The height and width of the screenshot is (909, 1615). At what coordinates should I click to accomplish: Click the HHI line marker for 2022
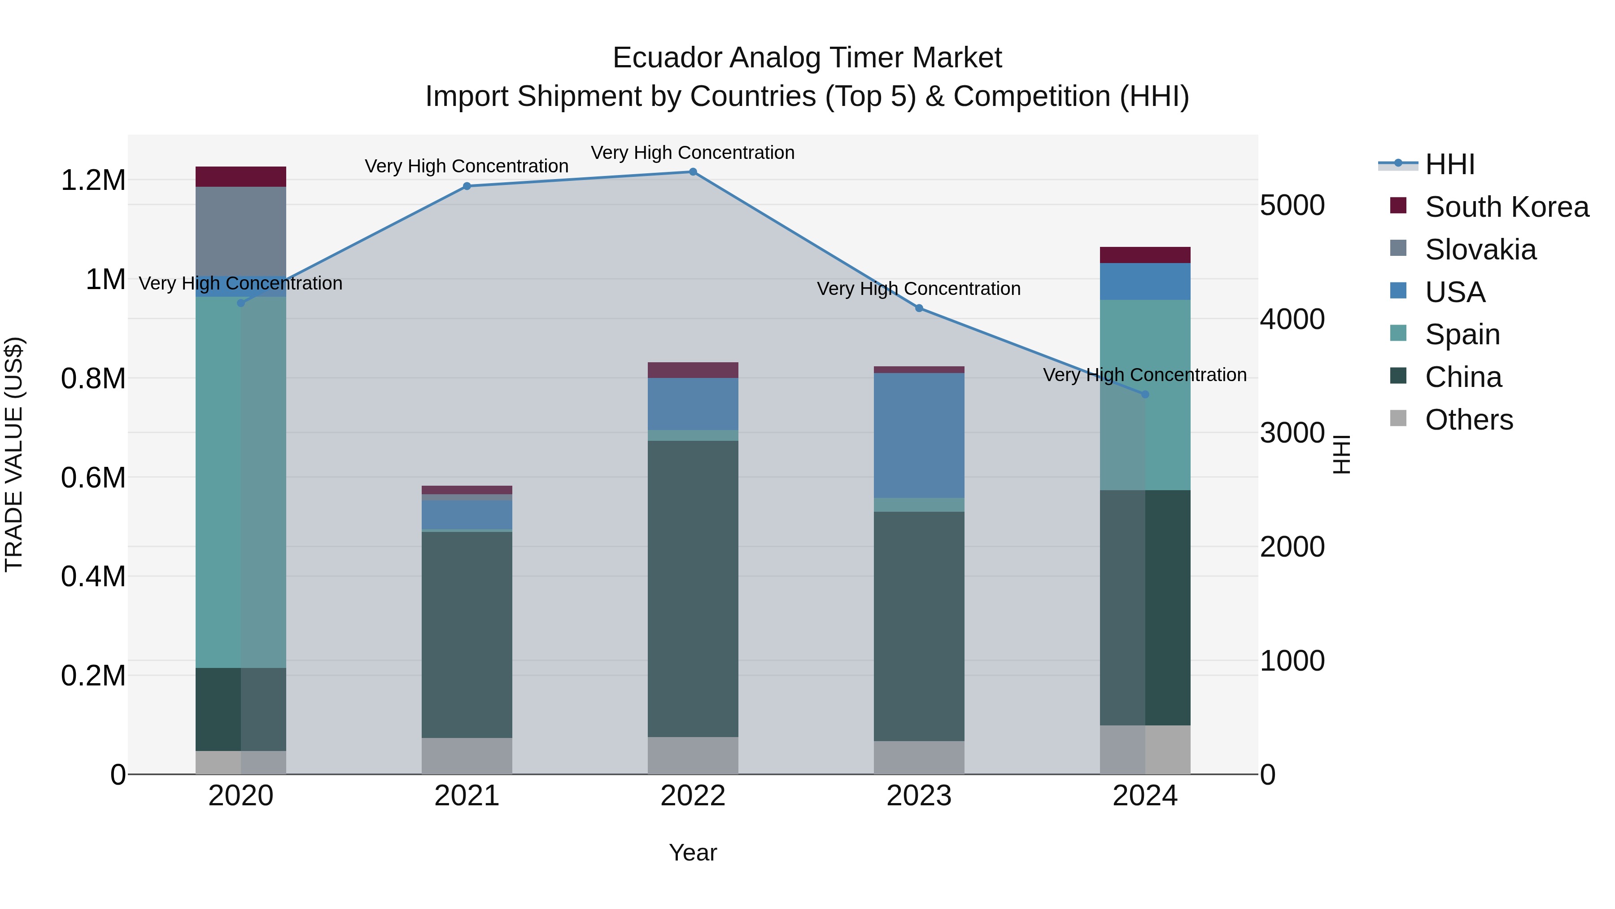[693, 171]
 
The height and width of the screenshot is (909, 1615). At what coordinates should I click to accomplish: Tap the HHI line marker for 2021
[467, 186]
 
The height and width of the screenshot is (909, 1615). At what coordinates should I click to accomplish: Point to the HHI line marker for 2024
[1145, 394]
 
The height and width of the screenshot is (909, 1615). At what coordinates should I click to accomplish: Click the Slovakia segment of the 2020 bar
[241, 230]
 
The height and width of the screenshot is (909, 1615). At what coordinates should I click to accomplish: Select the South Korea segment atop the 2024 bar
[1145, 255]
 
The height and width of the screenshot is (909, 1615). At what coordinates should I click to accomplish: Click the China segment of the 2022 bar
[693, 588]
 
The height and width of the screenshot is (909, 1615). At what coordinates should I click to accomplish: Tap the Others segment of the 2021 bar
[467, 755]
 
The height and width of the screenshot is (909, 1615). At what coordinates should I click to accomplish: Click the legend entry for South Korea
[1506, 207]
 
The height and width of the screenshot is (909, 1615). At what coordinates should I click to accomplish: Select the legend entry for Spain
[1462, 334]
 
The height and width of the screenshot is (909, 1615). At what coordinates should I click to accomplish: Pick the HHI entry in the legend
[1449, 164]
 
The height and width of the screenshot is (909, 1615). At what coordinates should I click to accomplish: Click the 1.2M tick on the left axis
[93, 180]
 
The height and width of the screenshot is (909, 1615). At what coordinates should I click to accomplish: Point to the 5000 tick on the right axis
[1292, 205]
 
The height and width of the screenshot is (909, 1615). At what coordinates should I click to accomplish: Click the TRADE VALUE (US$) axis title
[14, 454]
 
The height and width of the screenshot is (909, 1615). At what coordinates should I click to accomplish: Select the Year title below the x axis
[693, 852]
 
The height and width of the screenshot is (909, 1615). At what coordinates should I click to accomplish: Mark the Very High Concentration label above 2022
[693, 153]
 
